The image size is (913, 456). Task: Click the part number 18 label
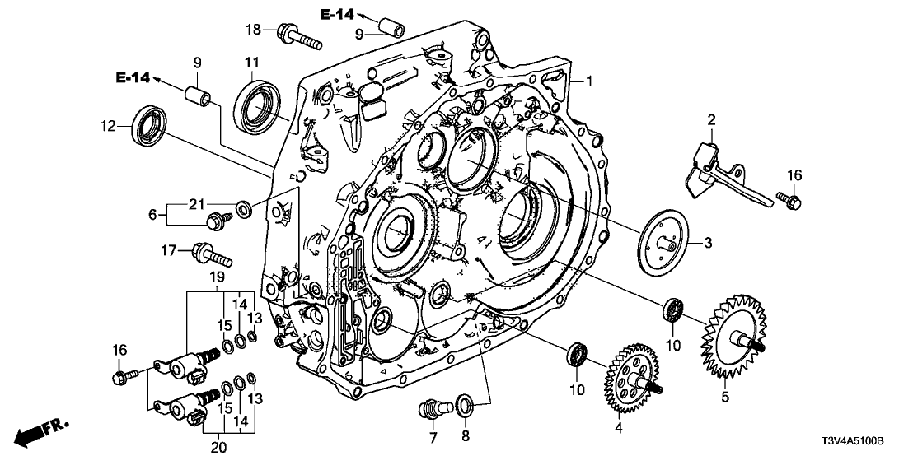(x=254, y=30)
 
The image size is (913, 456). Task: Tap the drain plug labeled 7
(x=431, y=406)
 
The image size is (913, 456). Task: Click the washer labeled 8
(x=464, y=403)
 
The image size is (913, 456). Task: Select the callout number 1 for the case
(x=590, y=81)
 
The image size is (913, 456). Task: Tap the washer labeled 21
(x=244, y=209)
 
